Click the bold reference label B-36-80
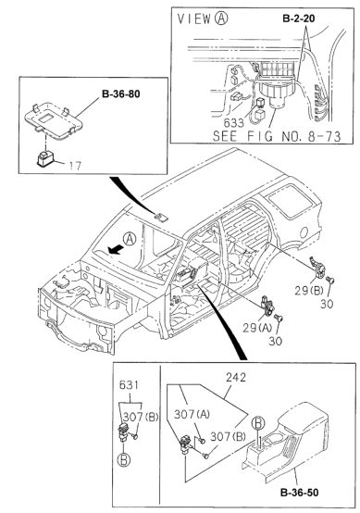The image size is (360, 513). pyautogui.click(x=120, y=94)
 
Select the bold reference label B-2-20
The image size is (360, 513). pyautogui.click(x=299, y=19)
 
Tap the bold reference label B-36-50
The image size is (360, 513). pyautogui.click(x=299, y=493)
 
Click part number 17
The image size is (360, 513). pyautogui.click(x=75, y=166)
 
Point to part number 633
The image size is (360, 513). pyautogui.click(x=234, y=123)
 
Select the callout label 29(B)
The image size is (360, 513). pyautogui.click(x=308, y=291)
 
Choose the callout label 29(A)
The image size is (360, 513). pyautogui.click(x=257, y=328)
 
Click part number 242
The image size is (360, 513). pyautogui.click(x=235, y=377)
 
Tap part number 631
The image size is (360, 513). pyautogui.click(x=129, y=385)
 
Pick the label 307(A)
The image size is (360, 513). pyautogui.click(x=192, y=415)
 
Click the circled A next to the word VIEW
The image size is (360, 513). pyautogui.click(x=220, y=19)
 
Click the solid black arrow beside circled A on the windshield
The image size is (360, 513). pyautogui.click(x=116, y=250)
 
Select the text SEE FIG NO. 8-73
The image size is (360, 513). pyautogui.click(x=277, y=136)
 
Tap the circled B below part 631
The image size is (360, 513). pyautogui.click(x=124, y=460)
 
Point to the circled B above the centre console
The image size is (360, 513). pyautogui.click(x=258, y=424)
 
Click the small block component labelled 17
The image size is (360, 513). pyautogui.click(x=44, y=158)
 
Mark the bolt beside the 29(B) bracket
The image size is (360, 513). pyautogui.click(x=331, y=280)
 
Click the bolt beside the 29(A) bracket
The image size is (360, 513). pyautogui.click(x=279, y=318)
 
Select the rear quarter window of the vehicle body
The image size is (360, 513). pyautogui.click(x=290, y=200)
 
